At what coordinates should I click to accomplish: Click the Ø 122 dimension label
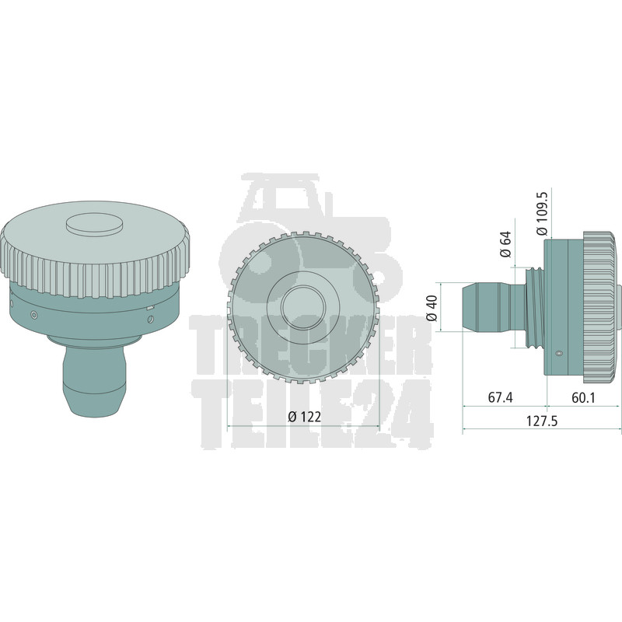coord(305,417)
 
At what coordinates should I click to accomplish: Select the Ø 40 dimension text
coord(432,308)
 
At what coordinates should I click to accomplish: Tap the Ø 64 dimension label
coord(506,245)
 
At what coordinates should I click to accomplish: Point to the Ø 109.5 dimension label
coord(542,214)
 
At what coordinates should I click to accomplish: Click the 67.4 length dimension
coord(500,397)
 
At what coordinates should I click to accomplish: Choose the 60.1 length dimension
coord(584,397)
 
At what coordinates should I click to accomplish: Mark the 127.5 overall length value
coord(542,421)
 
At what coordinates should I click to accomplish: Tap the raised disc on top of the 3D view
coord(94,224)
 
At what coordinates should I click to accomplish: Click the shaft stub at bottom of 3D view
coord(94,380)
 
